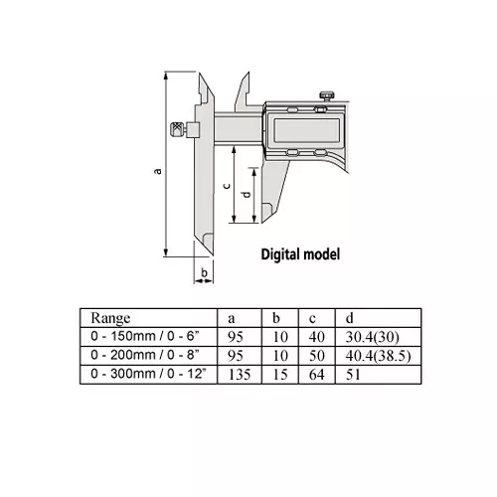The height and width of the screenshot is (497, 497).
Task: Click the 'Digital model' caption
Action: tap(299, 253)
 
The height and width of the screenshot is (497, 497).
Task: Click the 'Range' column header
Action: tap(110, 318)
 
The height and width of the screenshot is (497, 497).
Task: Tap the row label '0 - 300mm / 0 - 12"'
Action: tap(151, 375)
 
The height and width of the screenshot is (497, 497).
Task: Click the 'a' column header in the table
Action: tap(232, 318)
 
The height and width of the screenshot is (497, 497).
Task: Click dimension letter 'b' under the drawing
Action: tap(203, 270)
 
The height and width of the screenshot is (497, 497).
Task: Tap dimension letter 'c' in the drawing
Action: tap(228, 186)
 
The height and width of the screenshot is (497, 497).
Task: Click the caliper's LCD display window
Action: tap(303, 125)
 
